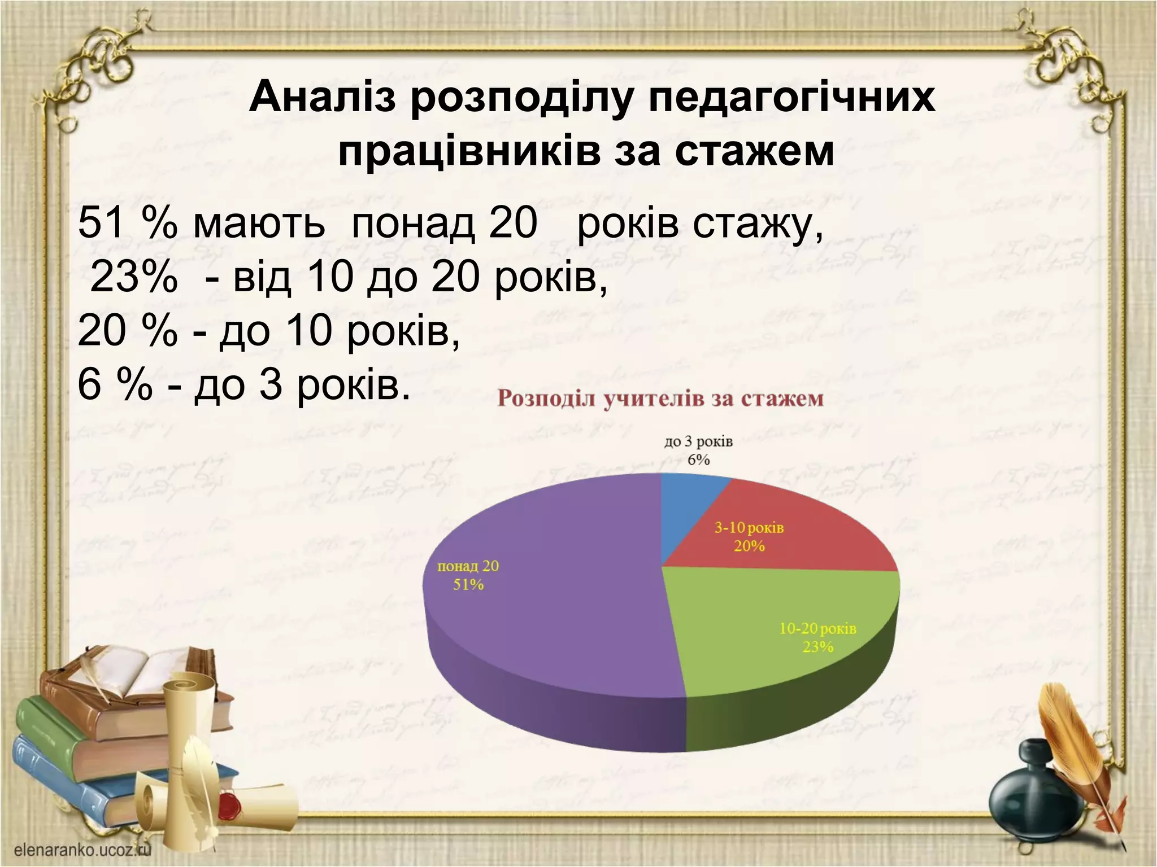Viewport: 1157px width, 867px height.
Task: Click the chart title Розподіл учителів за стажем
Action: [x=660, y=399]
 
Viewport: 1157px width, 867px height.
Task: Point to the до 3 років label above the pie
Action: [x=698, y=441]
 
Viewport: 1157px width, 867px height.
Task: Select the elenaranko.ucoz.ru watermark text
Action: [x=81, y=850]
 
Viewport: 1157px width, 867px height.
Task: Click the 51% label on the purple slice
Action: [x=468, y=585]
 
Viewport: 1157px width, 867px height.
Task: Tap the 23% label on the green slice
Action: [x=817, y=647]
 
